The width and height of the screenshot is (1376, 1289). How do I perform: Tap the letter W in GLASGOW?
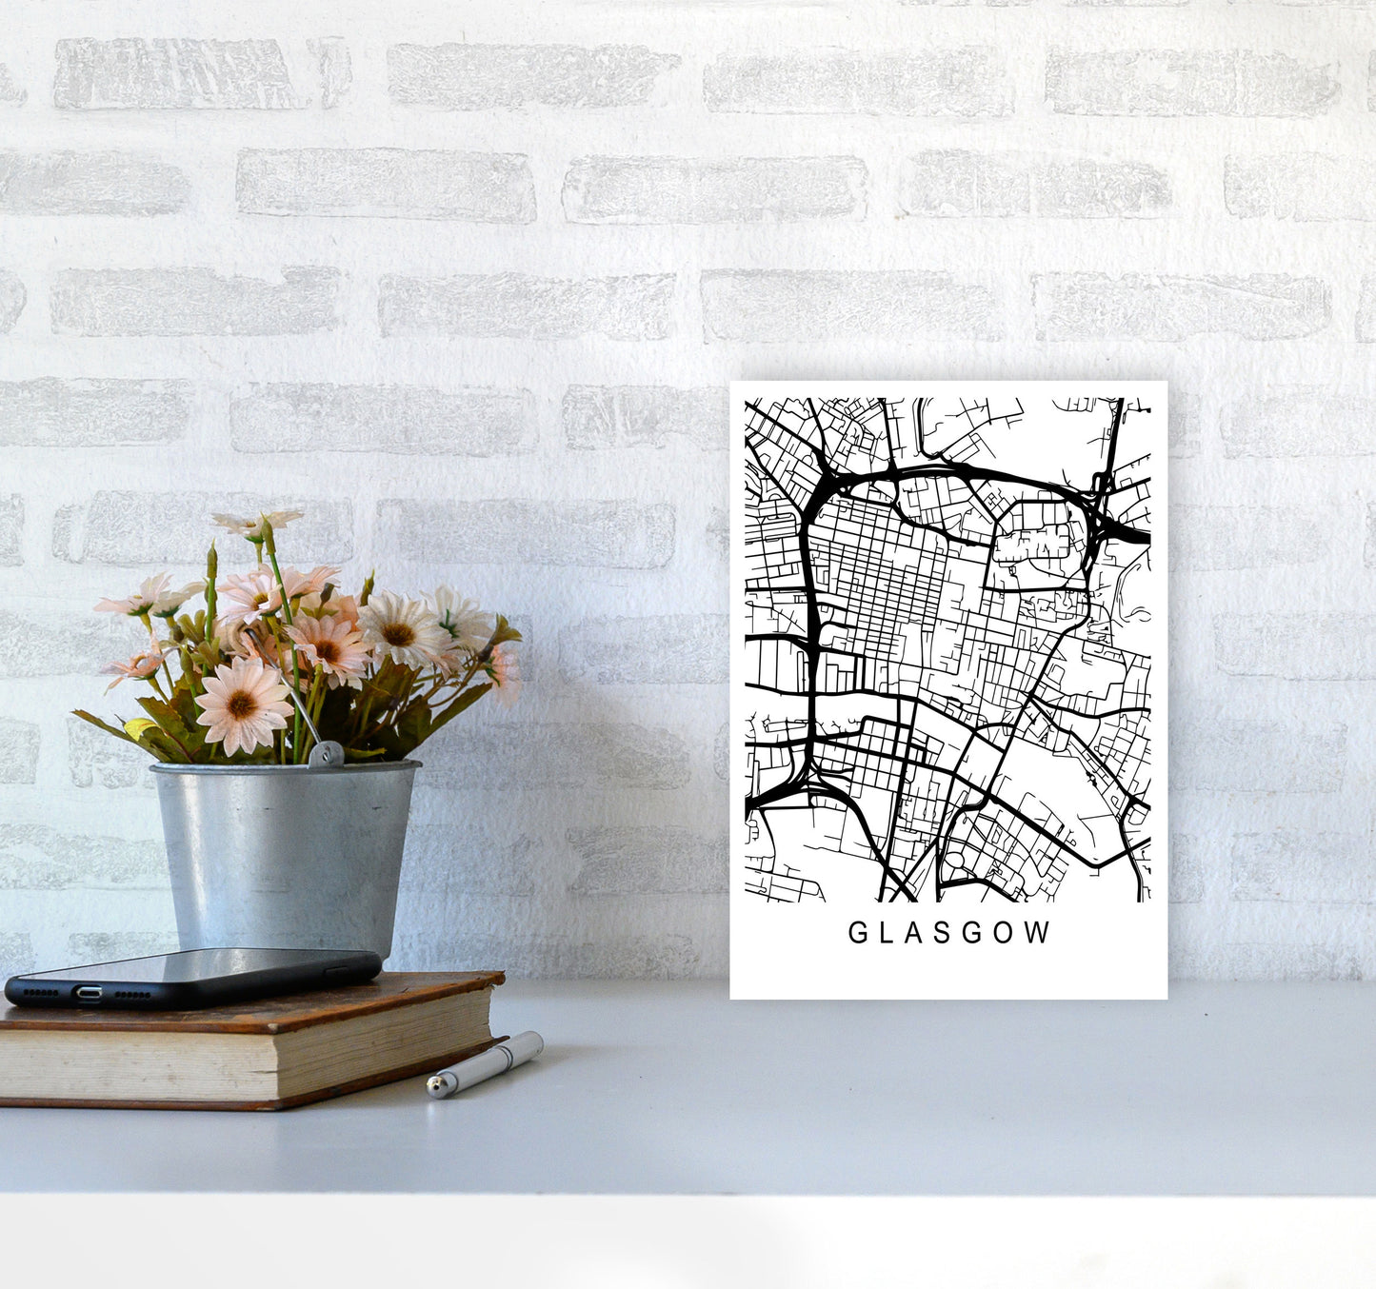pyautogui.click(x=1038, y=933)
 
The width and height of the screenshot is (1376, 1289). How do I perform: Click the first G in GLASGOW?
pyautogui.click(x=857, y=933)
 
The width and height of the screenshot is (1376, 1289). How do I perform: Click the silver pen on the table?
pyautogui.click(x=486, y=1063)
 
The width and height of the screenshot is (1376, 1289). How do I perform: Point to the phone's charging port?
pyautogui.click(x=90, y=993)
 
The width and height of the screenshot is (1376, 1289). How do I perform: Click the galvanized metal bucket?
pyautogui.click(x=286, y=847)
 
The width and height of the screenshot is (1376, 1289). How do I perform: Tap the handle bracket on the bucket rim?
pyautogui.click(x=326, y=754)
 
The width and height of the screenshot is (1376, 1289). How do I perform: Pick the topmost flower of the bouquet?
pyautogui.click(x=257, y=522)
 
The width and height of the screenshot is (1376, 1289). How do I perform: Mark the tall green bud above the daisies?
pyautogui.click(x=211, y=566)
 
